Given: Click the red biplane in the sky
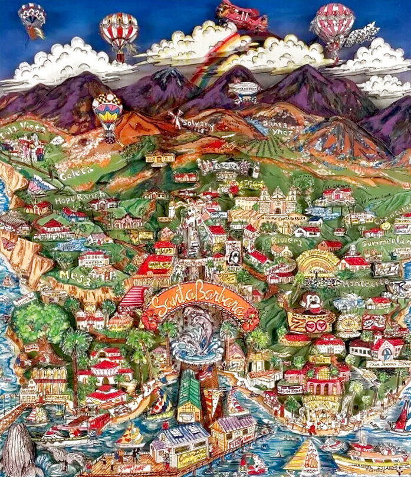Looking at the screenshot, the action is (x=242, y=16).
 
